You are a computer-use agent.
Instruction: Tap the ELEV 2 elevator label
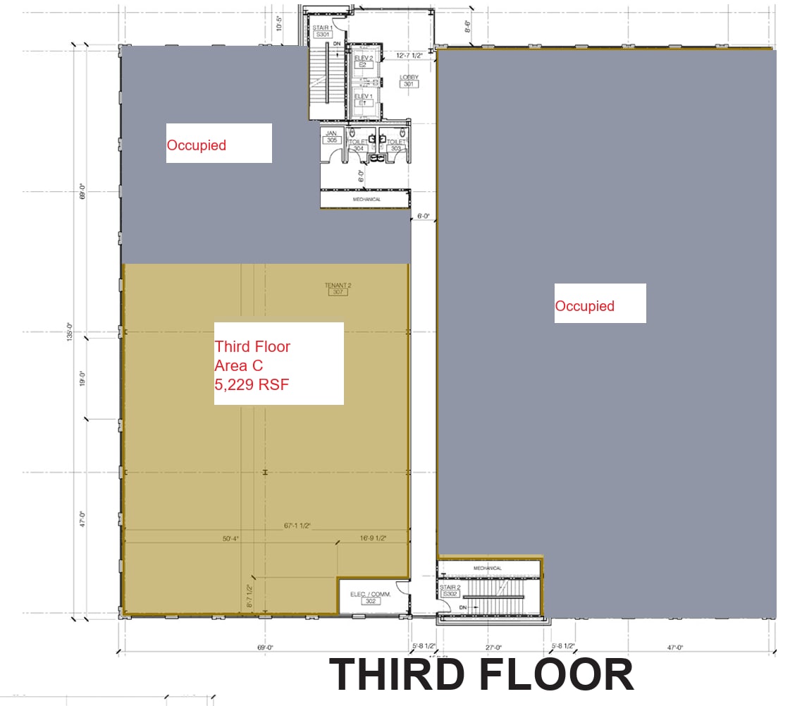pos(363,61)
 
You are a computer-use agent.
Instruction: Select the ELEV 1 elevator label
pos(363,99)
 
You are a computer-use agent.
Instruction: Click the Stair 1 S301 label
pos(323,30)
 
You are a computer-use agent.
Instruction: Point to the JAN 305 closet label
pos(331,136)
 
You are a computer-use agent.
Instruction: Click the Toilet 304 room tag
pos(358,145)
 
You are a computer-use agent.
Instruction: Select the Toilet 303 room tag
pos(395,145)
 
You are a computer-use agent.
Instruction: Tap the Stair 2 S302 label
pos(450,590)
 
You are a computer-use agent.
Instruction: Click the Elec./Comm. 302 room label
pos(370,597)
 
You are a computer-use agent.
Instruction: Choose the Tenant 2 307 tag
pos(338,288)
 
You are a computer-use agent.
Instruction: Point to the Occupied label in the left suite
pos(196,145)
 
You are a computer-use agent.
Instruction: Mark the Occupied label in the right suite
pos(584,306)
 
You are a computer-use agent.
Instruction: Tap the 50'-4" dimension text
pos(230,538)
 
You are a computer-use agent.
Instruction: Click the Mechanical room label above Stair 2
pos(488,568)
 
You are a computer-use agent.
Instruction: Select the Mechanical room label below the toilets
pos(366,200)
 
